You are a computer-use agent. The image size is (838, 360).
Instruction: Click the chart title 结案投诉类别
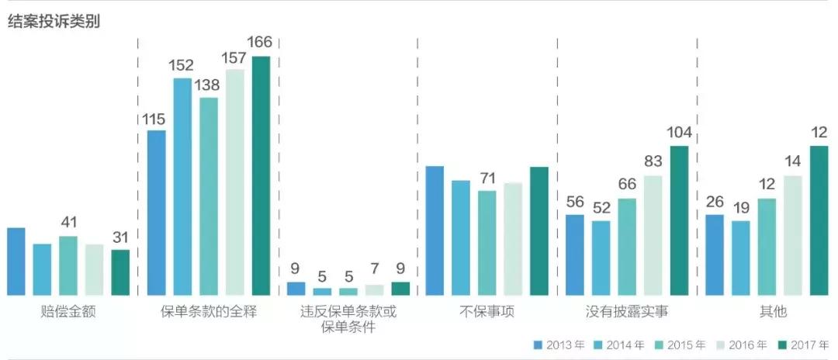pos(54,22)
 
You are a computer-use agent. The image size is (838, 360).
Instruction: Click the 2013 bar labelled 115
pos(156,213)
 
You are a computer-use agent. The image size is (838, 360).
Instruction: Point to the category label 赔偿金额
pos(68,312)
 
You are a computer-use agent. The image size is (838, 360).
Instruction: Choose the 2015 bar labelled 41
pos(68,265)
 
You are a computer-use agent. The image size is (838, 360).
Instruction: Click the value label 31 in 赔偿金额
pos(120,237)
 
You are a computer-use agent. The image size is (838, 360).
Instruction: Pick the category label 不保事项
pos(487,312)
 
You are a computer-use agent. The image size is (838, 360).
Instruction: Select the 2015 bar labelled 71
pos(487,243)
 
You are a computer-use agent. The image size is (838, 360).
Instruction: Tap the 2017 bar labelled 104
pos(679,220)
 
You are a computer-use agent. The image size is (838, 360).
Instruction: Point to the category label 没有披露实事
pos(628,312)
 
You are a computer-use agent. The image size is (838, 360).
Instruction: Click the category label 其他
pos(774,312)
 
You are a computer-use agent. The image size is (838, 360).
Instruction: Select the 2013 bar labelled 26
pos(715,254)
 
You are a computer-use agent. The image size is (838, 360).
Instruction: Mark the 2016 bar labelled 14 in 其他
pos(793,235)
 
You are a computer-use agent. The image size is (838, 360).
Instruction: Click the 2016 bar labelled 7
pos(374,289)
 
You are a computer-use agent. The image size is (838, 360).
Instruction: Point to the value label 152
pos(182,65)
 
